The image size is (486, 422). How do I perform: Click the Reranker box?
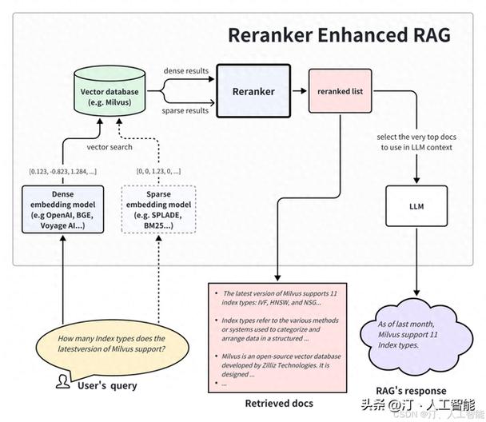click(x=253, y=91)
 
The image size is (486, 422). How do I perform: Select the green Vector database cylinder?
click(x=110, y=90)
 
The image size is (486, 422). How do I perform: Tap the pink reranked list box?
click(x=340, y=91)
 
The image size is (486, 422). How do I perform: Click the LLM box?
click(x=416, y=206)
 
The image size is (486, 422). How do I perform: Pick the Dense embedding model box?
click(x=62, y=209)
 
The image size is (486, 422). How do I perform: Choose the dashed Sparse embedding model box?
click(x=158, y=209)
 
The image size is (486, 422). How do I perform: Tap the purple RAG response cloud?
click(x=416, y=336)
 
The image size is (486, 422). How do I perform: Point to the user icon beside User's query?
click(x=63, y=381)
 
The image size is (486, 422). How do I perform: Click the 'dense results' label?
click(x=186, y=70)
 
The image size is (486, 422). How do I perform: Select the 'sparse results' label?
click(x=185, y=110)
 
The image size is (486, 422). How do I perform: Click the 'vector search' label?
click(x=110, y=147)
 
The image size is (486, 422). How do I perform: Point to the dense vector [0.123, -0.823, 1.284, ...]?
click(x=62, y=171)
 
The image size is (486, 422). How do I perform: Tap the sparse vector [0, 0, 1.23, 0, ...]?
click(x=158, y=171)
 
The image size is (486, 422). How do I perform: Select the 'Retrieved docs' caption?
click(x=279, y=403)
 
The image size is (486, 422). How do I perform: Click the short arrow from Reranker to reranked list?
click(x=299, y=91)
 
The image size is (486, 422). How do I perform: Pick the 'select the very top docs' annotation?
click(x=416, y=137)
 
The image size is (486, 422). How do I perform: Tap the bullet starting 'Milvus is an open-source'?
click(x=279, y=365)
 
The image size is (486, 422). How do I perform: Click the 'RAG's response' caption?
click(x=411, y=391)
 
